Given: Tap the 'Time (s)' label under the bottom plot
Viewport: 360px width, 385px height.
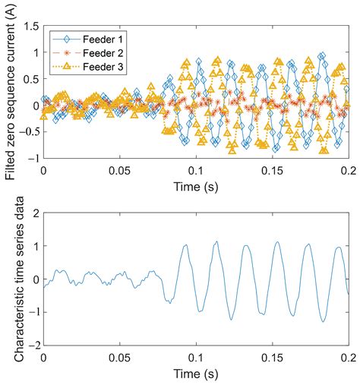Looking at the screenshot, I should tap(195, 373).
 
